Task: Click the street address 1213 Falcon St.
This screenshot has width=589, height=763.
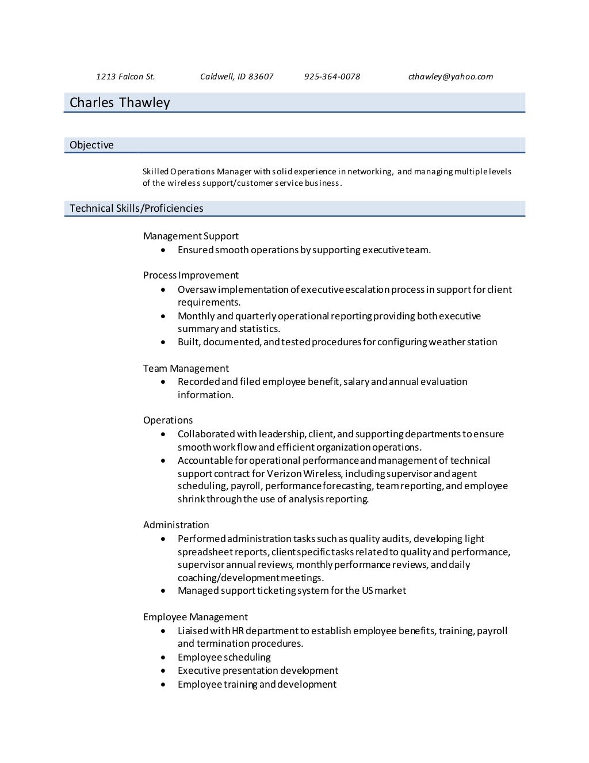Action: point(125,77)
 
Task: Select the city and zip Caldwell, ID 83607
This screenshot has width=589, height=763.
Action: point(236,77)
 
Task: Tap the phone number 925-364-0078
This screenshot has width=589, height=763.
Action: point(332,77)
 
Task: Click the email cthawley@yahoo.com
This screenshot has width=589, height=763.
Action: point(450,77)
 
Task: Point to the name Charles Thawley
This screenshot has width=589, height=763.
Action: point(120,102)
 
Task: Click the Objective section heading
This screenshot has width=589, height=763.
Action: point(91,145)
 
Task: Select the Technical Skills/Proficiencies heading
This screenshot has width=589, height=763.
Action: point(136,208)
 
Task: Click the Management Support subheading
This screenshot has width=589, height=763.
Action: point(190,236)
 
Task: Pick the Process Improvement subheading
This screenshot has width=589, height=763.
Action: point(190,275)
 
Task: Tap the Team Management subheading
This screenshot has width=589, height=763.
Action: point(186,368)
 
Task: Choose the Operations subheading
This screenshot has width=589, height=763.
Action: point(168,420)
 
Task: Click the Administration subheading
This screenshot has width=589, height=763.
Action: point(176,525)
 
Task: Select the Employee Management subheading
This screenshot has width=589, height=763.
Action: point(196,617)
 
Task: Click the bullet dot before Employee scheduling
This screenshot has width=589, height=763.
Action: point(165,658)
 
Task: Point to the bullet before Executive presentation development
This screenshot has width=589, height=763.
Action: point(165,671)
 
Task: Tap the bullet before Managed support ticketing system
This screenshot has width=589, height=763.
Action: point(165,591)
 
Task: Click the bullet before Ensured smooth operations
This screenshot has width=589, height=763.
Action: point(165,250)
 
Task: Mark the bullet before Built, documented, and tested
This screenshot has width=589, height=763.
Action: point(165,342)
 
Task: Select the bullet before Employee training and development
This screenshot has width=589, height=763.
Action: point(165,685)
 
